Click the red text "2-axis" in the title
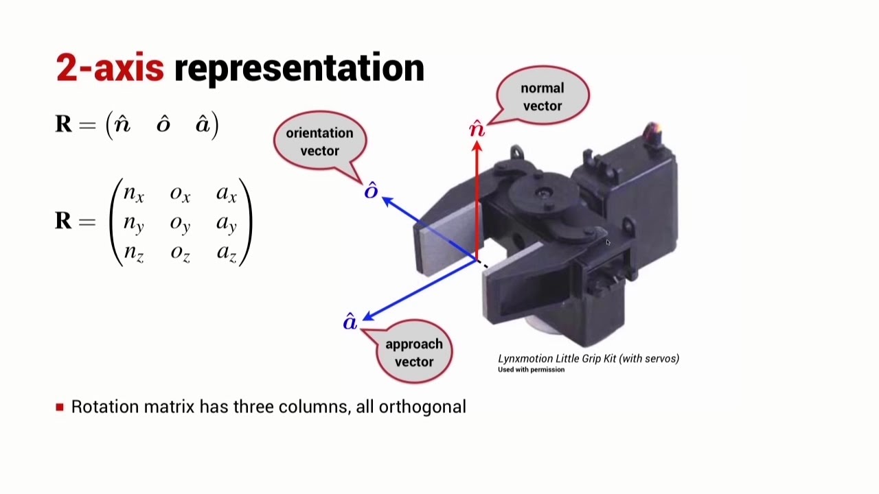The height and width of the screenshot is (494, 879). (110, 68)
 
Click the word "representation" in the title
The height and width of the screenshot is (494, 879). (299, 68)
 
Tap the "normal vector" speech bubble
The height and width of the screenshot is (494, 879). (543, 97)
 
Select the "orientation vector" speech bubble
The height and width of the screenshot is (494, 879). (319, 141)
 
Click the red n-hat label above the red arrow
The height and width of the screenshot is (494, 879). (477, 128)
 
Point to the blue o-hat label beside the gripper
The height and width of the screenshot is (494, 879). (371, 191)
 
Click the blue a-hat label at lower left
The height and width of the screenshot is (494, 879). (350, 322)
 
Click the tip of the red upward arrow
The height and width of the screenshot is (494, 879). (477, 143)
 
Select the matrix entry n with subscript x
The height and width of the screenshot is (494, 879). (133, 194)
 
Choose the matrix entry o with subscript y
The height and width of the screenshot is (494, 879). (180, 224)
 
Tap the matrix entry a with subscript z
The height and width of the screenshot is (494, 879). (227, 253)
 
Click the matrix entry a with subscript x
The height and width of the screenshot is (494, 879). (227, 194)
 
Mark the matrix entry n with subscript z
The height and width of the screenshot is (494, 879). (133, 253)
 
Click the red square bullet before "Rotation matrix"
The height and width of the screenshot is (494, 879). (60, 407)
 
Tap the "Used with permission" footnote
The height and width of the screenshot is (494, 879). (531, 370)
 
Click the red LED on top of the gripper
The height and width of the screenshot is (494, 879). (652, 129)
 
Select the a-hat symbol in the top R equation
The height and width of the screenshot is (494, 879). (203, 124)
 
